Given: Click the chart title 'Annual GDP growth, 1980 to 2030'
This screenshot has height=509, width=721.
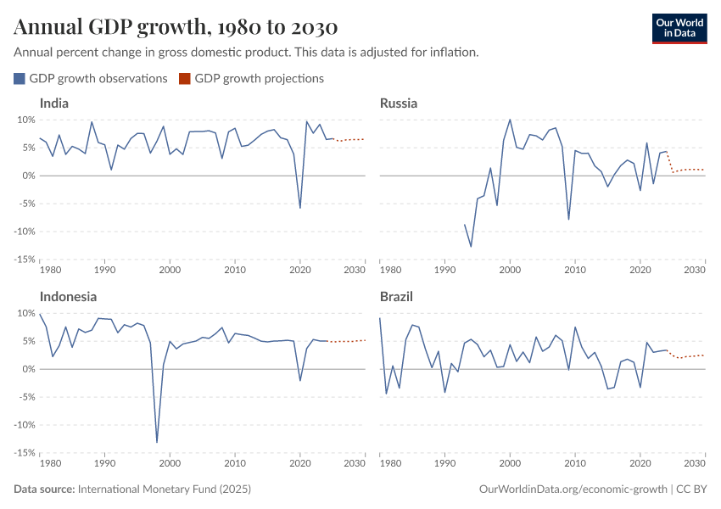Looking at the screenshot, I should click(175, 27).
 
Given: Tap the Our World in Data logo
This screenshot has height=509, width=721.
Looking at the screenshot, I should click(679, 27).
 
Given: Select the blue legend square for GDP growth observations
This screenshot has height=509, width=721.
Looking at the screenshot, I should click(20, 79).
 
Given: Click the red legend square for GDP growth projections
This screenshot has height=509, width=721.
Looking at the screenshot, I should click(185, 79).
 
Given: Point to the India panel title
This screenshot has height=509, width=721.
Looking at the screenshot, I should click(54, 103).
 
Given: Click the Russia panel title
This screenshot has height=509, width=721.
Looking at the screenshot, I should click(399, 103).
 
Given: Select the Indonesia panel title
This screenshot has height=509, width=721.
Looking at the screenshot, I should click(68, 297).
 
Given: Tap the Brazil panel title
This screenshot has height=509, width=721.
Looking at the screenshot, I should click(397, 297).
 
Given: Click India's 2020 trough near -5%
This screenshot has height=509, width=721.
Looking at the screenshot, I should click(299, 207).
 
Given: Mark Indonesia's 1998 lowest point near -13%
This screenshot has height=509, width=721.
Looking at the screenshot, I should click(157, 442).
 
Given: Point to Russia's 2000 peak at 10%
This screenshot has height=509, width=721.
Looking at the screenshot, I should click(510, 120).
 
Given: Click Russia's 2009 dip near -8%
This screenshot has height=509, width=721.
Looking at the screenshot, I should click(568, 219).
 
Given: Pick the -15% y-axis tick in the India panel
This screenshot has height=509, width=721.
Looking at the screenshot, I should click(23, 260).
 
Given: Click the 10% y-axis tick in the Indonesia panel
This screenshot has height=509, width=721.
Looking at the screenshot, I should click(23, 313).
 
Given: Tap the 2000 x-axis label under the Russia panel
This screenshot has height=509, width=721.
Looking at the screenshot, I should click(510, 271).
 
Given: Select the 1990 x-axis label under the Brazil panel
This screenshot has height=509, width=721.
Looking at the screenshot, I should click(444, 464).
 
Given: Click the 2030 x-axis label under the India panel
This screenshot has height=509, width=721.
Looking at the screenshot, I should click(355, 271).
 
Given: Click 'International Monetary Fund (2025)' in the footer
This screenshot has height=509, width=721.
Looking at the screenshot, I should click(165, 489).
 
